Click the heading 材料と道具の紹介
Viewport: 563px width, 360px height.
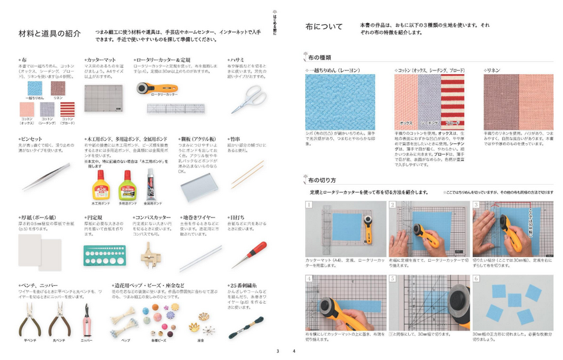(x=50, y=34)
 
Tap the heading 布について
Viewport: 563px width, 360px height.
(x=324, y=26)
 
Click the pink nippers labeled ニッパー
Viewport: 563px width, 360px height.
(x=86, y=319)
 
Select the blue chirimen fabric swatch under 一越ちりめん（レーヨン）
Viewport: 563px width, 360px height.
(x=340, y=102)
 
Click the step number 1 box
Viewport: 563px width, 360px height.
(x=309, y=205)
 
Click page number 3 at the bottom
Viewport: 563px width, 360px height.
(x=278, y=350)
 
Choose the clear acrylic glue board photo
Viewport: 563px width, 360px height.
(x=198, y=185)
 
